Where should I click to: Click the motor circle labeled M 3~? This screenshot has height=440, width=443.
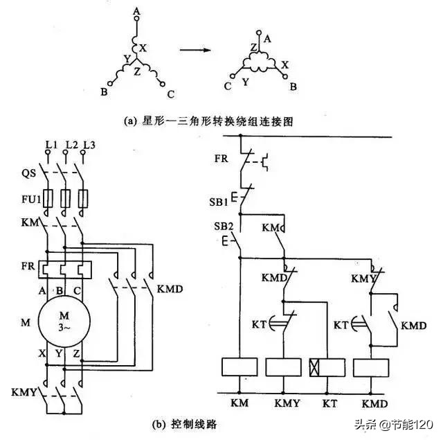(64, 323)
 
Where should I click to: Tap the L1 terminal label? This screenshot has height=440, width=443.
(50, 144)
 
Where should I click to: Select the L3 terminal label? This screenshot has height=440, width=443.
(88, 144)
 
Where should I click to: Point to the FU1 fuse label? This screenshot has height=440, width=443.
(26, 199)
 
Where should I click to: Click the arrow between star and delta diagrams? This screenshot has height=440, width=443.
(197, 50)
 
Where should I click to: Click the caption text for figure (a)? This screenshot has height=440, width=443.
(208, 121)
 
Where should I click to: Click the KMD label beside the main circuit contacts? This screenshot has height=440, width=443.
(170, 288)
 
